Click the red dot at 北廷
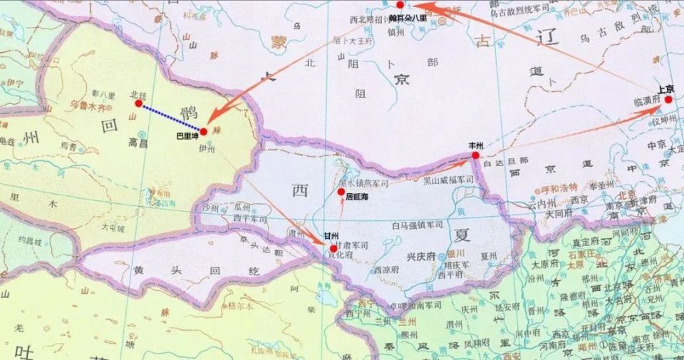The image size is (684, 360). click(138, 103)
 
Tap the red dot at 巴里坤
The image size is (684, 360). click(203, 131)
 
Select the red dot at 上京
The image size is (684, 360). click(668, 100)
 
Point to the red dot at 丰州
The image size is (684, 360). click(475, 155)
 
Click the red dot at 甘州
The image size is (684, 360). click(333, 247)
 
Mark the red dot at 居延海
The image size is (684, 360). click(342, 192)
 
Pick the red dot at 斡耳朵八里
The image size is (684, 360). click(400, 5)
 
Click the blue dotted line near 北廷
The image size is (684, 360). click(170, 117)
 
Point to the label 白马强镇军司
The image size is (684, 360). click(417, 226)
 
